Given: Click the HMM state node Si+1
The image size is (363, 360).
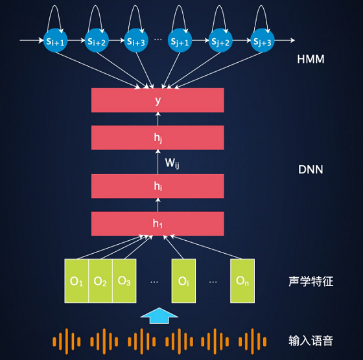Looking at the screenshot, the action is [55, 40].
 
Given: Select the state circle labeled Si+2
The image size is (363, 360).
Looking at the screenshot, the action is [97, 40].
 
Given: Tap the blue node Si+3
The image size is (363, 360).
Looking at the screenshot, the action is [136, 40].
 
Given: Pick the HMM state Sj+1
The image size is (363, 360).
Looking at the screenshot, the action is [180, 40].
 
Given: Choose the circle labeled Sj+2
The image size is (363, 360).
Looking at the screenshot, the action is [220, 40].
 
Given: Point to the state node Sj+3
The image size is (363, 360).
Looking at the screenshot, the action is [263, 40].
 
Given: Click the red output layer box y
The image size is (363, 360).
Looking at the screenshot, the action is [158, 100].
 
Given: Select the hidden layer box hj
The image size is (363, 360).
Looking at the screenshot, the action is [158, 137].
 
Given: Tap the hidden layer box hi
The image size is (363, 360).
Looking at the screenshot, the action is [158, 186].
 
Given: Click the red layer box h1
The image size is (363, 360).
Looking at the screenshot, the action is [158, 223].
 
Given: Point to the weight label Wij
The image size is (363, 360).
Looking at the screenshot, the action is [172, 163].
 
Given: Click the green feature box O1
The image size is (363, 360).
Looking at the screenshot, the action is [76, 281].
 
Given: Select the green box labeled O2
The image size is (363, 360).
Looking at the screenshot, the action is [100, 281].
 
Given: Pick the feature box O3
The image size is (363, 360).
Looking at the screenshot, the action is [124, 281].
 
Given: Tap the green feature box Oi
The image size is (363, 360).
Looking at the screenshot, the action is [183, 281].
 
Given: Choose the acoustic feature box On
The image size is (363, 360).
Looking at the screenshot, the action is [242, 281].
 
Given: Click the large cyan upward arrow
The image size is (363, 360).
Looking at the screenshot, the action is [159, 315].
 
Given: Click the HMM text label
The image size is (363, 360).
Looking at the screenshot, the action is [310, 59].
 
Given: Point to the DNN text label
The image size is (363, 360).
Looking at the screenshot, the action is [310, 170].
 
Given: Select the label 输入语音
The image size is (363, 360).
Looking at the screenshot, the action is [310, 341].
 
